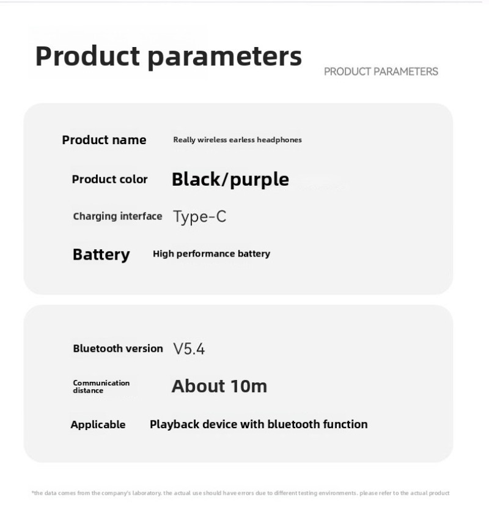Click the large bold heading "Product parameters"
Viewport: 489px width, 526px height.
tap(169, 56)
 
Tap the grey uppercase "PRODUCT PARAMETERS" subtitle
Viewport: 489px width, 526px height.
tap(381, 71)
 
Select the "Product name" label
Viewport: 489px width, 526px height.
tap(104, 140)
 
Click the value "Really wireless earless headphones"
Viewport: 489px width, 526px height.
tap(237, 140)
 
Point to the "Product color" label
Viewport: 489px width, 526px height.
tap(110, 179)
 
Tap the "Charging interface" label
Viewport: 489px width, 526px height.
tap(117, 216)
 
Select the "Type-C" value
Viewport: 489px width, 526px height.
tap(200, 217)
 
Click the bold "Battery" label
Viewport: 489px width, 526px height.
tap(101, 255)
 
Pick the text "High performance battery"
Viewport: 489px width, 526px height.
tap(211, 254)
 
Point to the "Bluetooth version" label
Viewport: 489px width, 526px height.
tap(118, 349)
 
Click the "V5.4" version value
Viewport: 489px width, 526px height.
tap(189, 349)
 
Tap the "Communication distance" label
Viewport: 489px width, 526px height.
tap(101, 387)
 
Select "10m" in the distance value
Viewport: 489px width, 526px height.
tap(249, 386)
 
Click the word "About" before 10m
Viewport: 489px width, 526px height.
tap(198, 386)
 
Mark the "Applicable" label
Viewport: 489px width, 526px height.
tap(98, 425)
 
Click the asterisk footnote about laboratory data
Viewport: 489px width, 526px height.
tap(240, 493)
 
